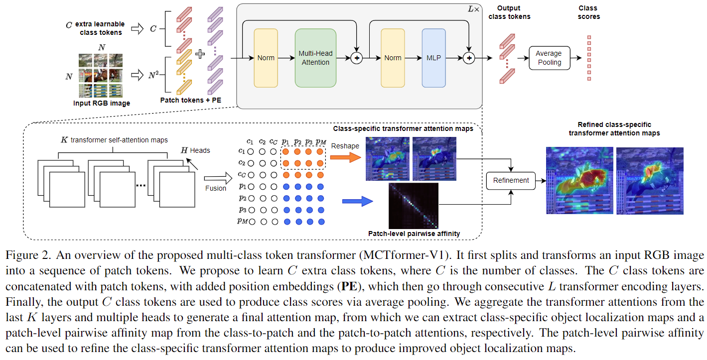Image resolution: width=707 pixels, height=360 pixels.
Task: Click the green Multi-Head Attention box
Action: click(x=315, y=58)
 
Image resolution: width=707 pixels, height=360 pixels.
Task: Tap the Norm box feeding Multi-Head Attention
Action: click(x=266, y=58)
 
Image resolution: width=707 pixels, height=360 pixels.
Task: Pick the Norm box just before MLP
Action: click(x=393, y=58)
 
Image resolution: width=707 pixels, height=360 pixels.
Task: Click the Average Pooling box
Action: click(x=548, y=58)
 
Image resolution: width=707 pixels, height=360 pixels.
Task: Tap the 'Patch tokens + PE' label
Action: click(x=191, y=100)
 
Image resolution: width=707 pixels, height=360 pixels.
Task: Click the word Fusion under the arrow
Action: click(x=215, y=188)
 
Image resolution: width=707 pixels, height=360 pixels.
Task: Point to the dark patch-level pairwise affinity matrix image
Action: click(x=413, y=205)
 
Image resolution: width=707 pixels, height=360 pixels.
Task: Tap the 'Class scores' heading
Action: click(x=589, y=12)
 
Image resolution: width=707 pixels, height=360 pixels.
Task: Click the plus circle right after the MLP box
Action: click(x=468, y=58)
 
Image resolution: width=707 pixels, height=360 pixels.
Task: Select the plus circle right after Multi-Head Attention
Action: click(x=357, y=58)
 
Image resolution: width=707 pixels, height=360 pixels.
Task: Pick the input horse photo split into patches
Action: click(x=100, y=75)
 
